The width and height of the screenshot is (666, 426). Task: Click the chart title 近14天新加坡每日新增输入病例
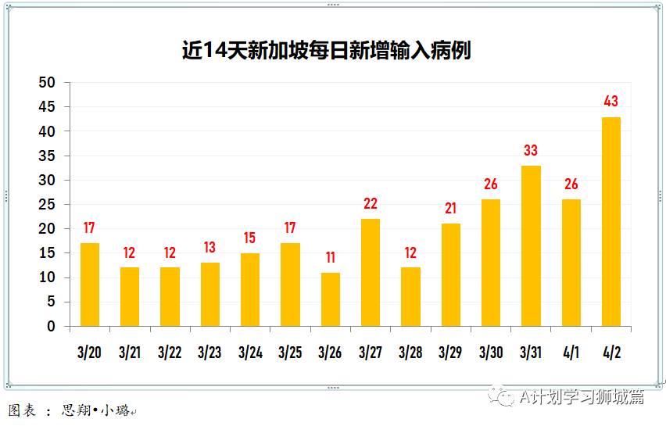(x=326, y=52)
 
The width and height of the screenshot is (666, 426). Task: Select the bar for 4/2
(x=611, y=222)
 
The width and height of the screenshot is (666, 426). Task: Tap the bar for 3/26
(x=331, y=299)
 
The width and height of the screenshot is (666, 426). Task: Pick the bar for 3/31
(x=531, y=246)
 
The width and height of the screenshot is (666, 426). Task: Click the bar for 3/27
(x=371, y=273)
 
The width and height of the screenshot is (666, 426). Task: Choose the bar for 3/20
(x=90, y=285)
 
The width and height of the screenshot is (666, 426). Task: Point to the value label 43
(x=611, y=102)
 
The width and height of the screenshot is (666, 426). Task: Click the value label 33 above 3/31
(x=531, y=151)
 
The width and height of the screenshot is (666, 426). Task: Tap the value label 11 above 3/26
(x=331, y=258)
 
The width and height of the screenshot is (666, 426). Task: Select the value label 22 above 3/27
(x=371, y=204)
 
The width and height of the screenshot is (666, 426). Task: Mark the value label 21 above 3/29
(x=451, y=209)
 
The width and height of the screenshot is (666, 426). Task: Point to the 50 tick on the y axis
(x=48, y=83)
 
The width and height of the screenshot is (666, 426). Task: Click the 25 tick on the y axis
(x=48, y=205)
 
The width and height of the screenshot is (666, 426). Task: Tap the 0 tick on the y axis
(x=52, y=327)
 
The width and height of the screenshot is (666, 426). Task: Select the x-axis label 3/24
(x=250, y=353)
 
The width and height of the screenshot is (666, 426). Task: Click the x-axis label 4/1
(x=571, y=353)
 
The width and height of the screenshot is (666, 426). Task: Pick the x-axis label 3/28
(x=410, y=353)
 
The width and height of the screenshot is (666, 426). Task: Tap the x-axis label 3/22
(x=170, y=353)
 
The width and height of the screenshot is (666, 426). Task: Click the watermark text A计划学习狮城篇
(x=582, y=397)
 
